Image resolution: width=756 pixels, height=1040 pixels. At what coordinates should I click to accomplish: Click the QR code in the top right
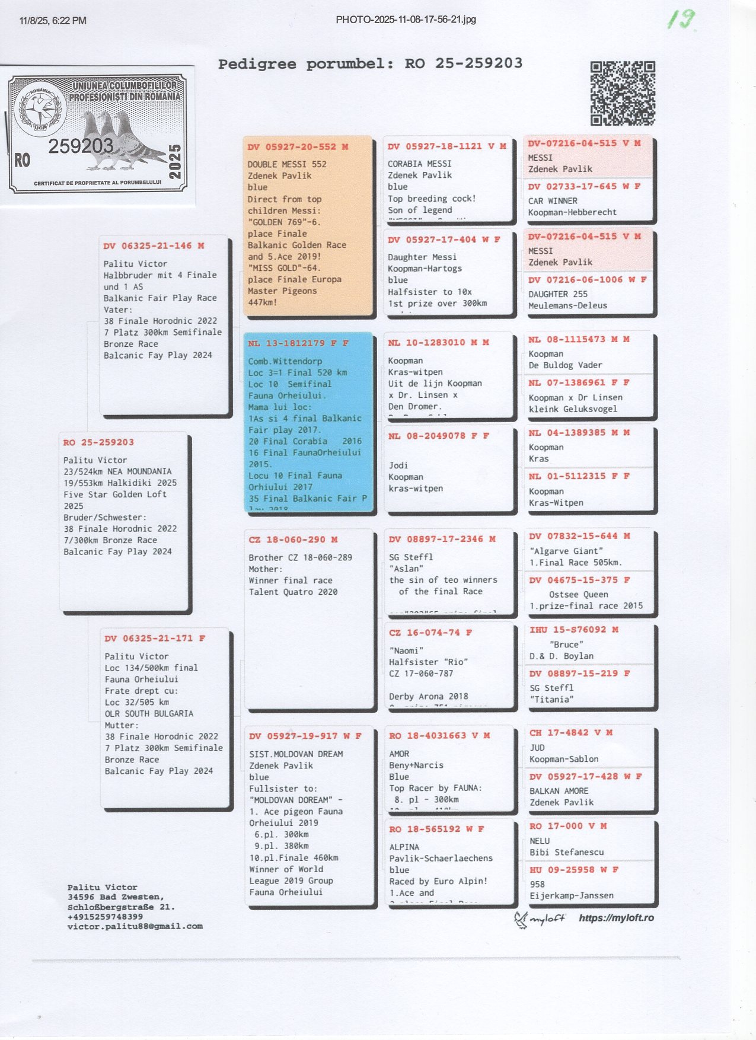click(x=623, y=93)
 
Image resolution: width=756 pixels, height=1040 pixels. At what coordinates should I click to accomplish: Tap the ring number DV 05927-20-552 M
click(x=298, y=147)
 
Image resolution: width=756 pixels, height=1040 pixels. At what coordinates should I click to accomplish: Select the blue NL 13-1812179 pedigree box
click(x=309, y=422)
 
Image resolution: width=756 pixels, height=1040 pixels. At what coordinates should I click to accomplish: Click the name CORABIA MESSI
click(x=419, y=164)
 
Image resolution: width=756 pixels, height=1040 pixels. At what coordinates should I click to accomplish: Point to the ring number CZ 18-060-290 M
click(x=293, y=540)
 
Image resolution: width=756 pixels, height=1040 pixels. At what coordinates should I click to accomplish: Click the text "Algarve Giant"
click(x=566, y=551)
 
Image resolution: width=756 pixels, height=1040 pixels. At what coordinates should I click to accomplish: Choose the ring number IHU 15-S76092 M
click(x=573, y=630)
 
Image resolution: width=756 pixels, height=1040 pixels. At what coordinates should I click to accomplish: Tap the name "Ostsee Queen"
click(x=578, y=594)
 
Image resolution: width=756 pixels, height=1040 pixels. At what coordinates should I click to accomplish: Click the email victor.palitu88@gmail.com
click(x=135, y=926)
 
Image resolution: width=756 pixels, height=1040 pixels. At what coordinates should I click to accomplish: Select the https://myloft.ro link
click(x=616, y=918)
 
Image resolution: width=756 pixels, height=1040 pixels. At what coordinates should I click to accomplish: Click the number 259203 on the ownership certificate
click(x=81, y=146)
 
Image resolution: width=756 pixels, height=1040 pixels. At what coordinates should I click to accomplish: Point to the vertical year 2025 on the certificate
click(x=175, y=161)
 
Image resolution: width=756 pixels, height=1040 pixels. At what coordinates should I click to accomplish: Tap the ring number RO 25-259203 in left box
click(x=98, y=442)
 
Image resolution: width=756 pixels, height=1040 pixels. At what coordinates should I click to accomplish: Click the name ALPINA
click(x=404, y=847)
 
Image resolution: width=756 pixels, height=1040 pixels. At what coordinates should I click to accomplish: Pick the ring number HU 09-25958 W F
click(x=573, y=869)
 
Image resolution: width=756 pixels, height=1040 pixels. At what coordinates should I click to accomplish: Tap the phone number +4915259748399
click(x=105, y=916)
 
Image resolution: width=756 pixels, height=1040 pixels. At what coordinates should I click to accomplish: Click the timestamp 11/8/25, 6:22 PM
click(x=53, y=21)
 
